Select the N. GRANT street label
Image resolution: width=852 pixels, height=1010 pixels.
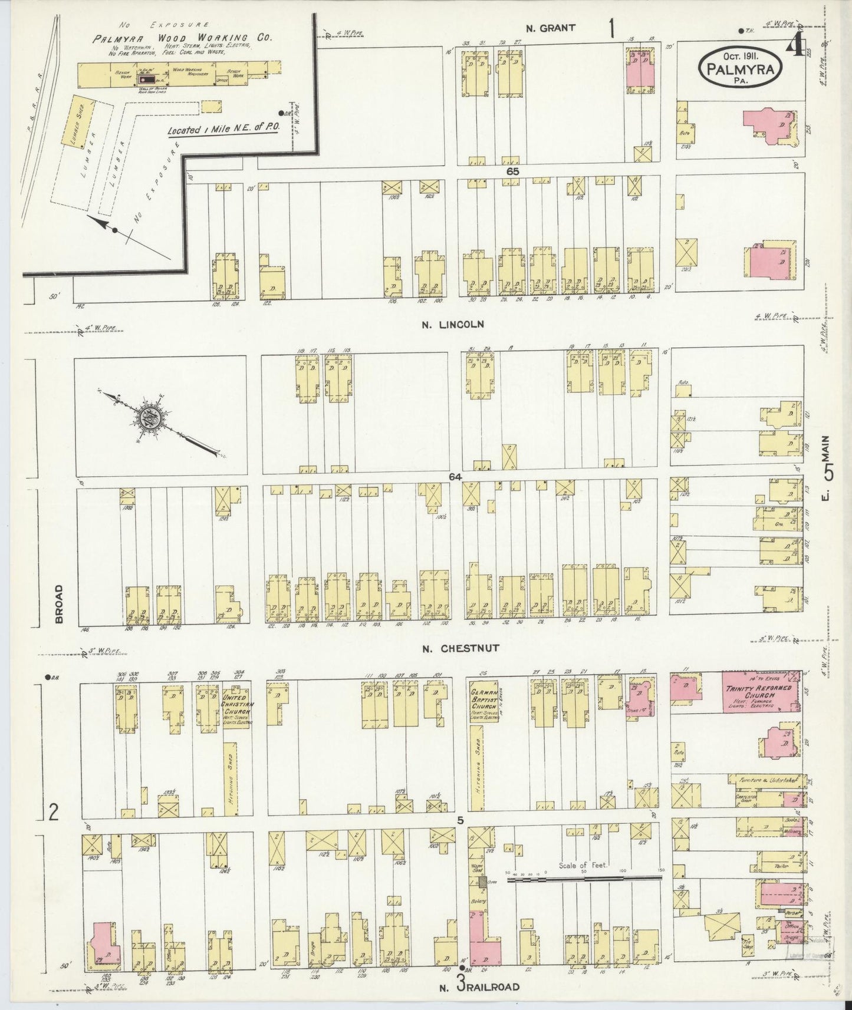[550, 27]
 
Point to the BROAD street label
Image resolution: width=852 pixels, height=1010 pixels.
[58, 603]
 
